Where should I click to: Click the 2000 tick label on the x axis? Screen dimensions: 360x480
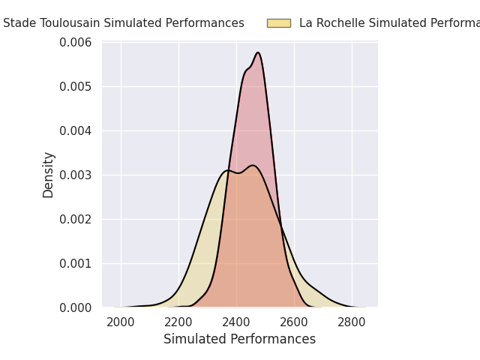121,322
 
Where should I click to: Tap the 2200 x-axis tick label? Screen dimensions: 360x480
178,322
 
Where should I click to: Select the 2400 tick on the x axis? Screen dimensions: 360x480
236,322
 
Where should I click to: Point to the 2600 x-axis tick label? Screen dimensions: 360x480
294,322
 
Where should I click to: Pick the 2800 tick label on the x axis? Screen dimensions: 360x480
352,322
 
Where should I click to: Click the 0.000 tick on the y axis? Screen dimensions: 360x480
76,307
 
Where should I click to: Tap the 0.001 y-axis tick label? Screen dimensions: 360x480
76,263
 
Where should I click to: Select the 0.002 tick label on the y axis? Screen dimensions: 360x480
76,219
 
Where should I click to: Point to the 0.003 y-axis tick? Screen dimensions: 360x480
76,175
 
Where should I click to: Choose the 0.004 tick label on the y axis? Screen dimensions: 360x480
76,130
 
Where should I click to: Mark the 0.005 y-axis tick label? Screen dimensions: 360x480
76,86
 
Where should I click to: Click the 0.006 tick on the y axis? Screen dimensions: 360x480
76,43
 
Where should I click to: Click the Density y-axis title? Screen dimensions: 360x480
49,175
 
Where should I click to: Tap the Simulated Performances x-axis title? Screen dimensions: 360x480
239,339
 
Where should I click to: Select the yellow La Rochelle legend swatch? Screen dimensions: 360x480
278,23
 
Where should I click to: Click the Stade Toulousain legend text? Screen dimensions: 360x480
124,23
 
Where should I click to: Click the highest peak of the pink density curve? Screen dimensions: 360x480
258,52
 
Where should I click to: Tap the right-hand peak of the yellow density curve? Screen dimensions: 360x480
253,165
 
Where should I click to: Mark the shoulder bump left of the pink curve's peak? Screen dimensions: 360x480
247,70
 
